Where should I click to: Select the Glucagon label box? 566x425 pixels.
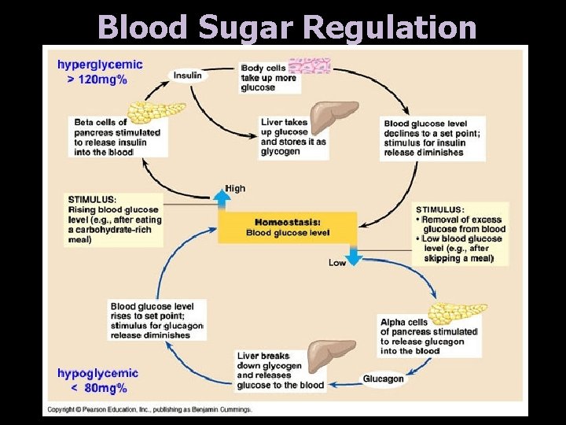[384, 379]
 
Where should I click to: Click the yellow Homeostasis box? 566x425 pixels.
[288, 227]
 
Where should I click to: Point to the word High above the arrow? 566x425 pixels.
[235, 188]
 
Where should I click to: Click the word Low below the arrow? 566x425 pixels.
[337, 263]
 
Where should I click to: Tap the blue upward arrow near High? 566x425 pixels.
[223, 199]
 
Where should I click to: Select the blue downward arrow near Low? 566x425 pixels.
[353, 253]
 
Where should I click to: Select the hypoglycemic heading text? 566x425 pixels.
[97, 373]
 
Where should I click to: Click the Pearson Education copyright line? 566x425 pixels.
[149, 409]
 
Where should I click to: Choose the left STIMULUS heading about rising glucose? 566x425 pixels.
[93, 199]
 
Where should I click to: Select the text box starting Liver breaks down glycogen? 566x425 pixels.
[281, 371]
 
